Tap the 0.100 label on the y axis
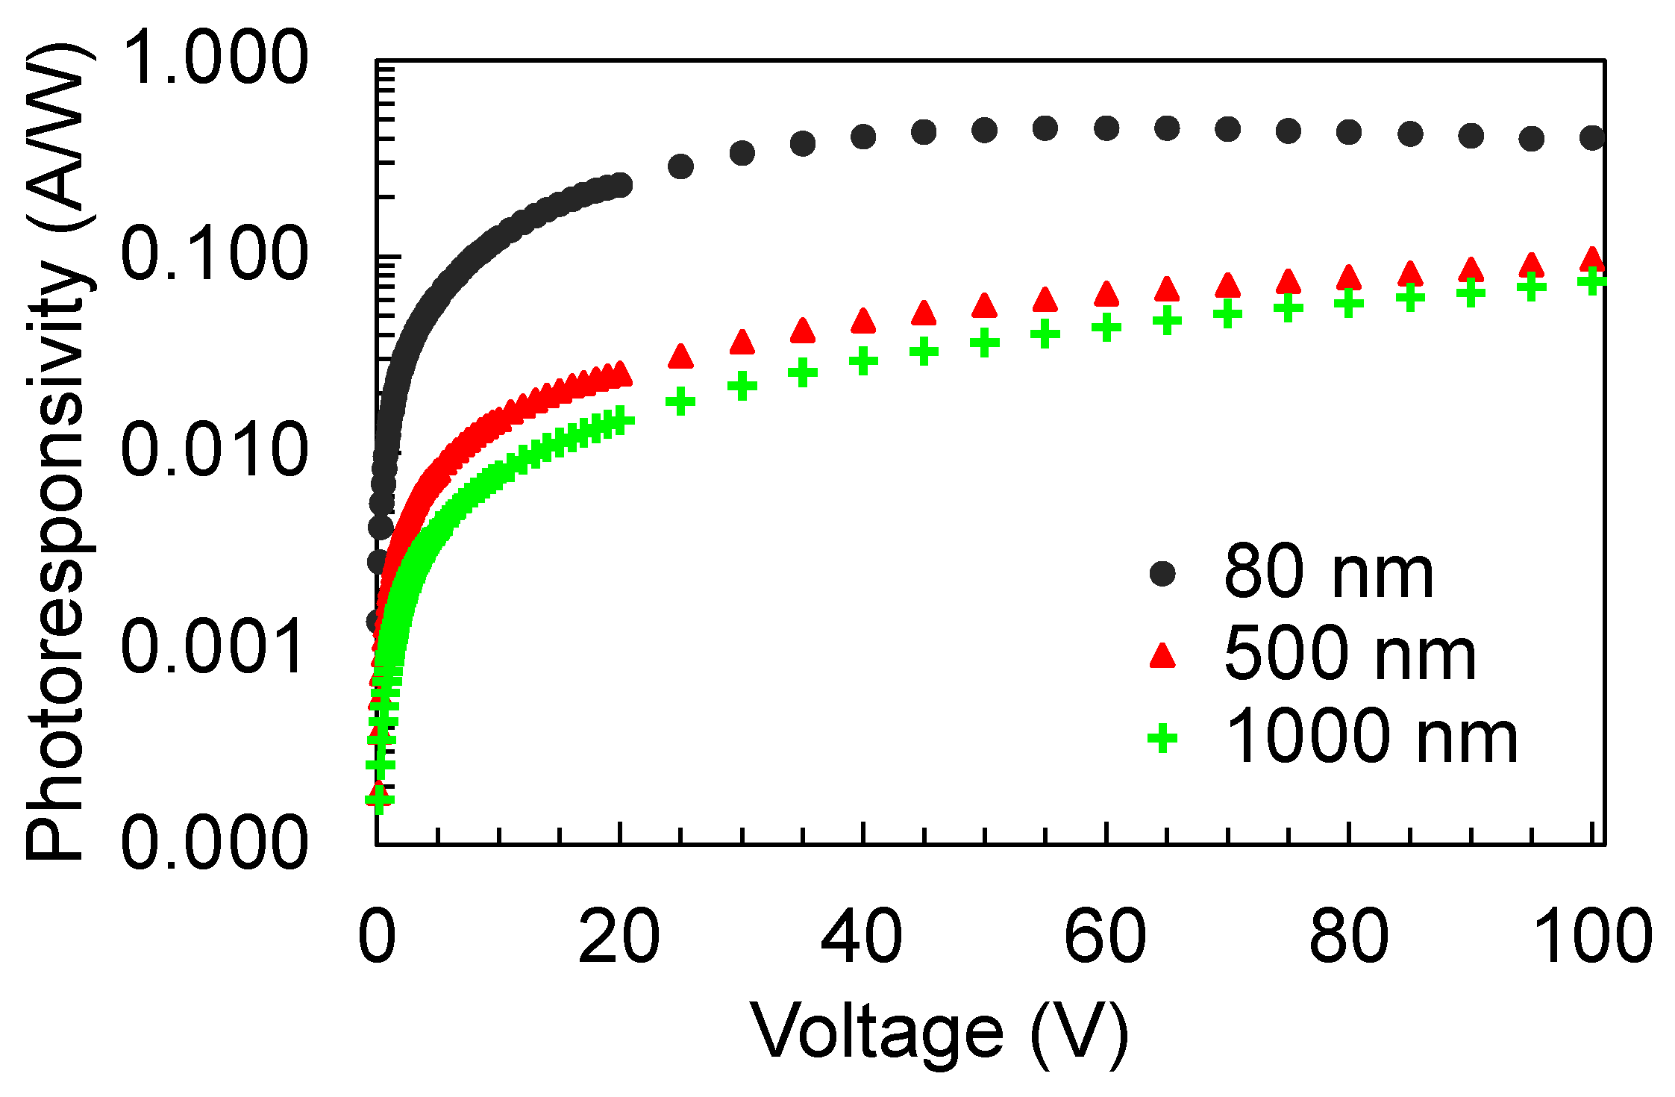[214, 254]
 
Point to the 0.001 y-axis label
[214, 646]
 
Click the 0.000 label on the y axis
[214, 843]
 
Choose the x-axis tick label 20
[619, 937]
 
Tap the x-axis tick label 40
[862, 937]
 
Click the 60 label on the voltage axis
[1105, 937]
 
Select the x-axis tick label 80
[1349, 937]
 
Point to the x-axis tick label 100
[1592, 937]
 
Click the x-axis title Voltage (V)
[939, 1034]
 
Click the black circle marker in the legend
[1162, 573]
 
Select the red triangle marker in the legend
[1162, 655]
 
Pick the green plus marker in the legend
[1162, 738]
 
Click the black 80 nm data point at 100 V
[1592, 137]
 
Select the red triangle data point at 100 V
[1592, 260]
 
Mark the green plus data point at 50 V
[985, 343]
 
